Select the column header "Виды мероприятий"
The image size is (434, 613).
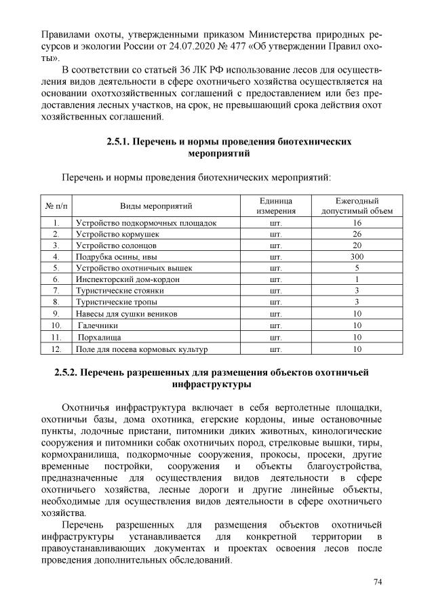click(157, 205)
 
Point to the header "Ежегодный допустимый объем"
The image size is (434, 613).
click(357, 205)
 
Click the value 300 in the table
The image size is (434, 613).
click(357, 256)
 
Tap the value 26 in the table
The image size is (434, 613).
click(357, 233)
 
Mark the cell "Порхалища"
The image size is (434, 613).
click(99, 337)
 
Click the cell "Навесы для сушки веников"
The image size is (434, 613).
click(126, 314)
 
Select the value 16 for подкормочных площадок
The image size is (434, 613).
click(357, 222)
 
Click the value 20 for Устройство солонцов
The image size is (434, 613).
click(357, 245)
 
